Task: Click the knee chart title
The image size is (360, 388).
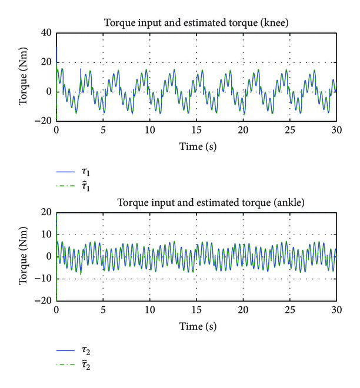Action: pyautogui.click(x=196, y=24)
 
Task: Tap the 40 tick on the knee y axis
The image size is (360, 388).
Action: pyautogui.click(x=47, y=33)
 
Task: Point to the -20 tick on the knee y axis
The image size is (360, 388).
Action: pyautogui.click(x=45, y=121)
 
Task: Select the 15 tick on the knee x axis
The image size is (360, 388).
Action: pyautogui.click(x=196, y=129)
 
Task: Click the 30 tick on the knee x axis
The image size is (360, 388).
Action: pyautogui.click(x=336, y=129)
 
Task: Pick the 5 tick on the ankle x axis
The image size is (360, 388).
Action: pyautogui.click(x=103, y=309)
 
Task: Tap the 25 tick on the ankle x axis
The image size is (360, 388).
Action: pyautogui.click(x=289, y=309)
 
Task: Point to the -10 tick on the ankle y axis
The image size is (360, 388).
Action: pyautogui.click(x=45, y=279)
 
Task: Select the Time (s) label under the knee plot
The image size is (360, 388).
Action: pyautogui.click(x=196, y=145)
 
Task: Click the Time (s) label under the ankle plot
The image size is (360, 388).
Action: pyautogui.click(x=196, y=325)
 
